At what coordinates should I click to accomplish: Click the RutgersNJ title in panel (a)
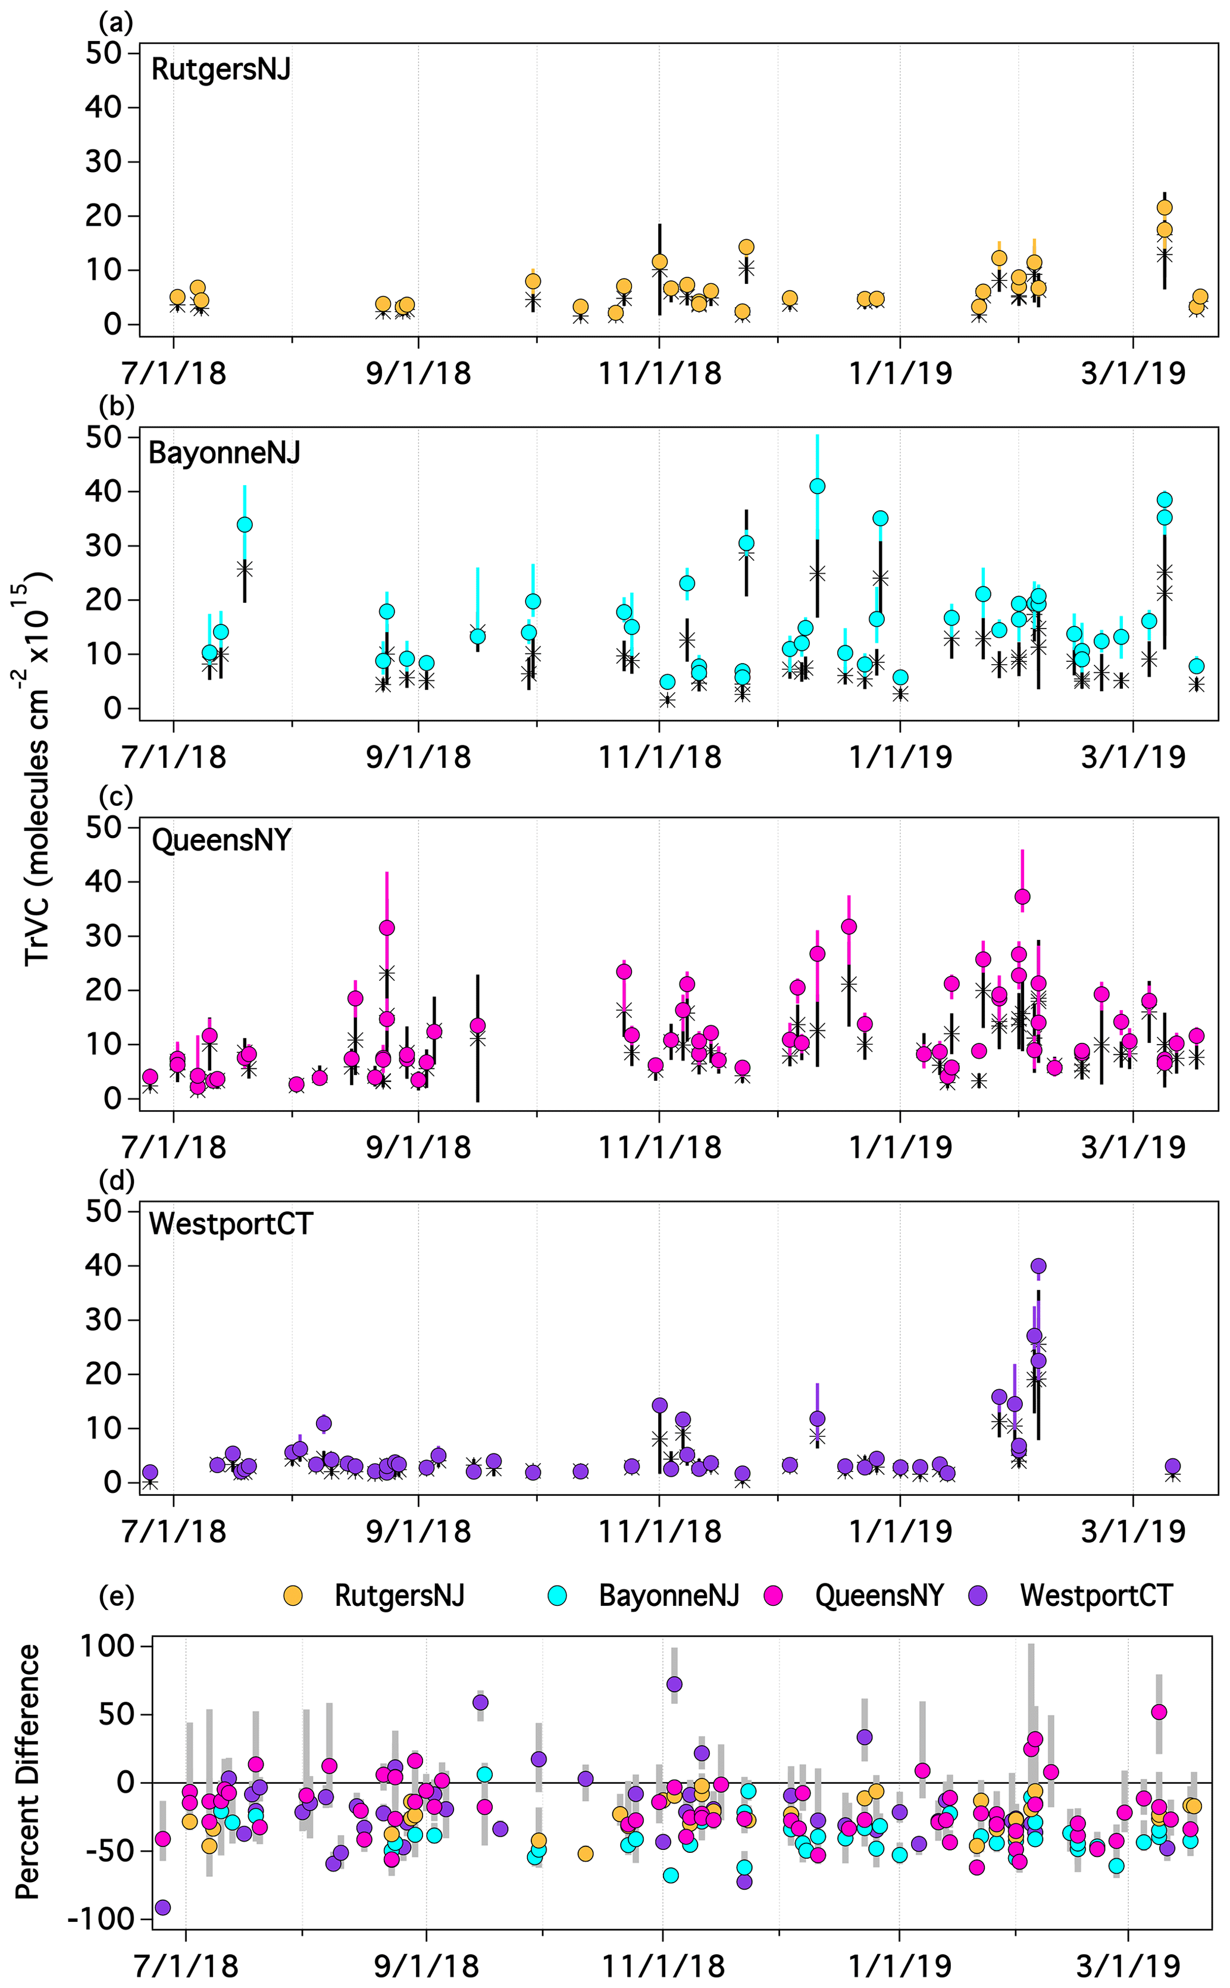coord(220,70)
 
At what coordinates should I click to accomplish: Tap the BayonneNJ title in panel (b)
coord(224,452)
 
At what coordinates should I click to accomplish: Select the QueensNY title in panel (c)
coord(221,839)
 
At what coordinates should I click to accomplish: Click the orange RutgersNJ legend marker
coord(292,1595)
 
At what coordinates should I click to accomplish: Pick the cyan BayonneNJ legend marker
coord(556,1595)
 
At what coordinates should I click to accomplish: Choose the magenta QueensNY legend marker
coord(773,1595)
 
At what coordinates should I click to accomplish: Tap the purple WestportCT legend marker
coord(979,1595)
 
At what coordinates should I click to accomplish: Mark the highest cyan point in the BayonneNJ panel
coord(818,486)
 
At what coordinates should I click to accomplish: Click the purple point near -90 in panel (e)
coord(162,1908)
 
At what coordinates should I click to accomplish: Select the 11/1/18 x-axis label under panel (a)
coord(660,373)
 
